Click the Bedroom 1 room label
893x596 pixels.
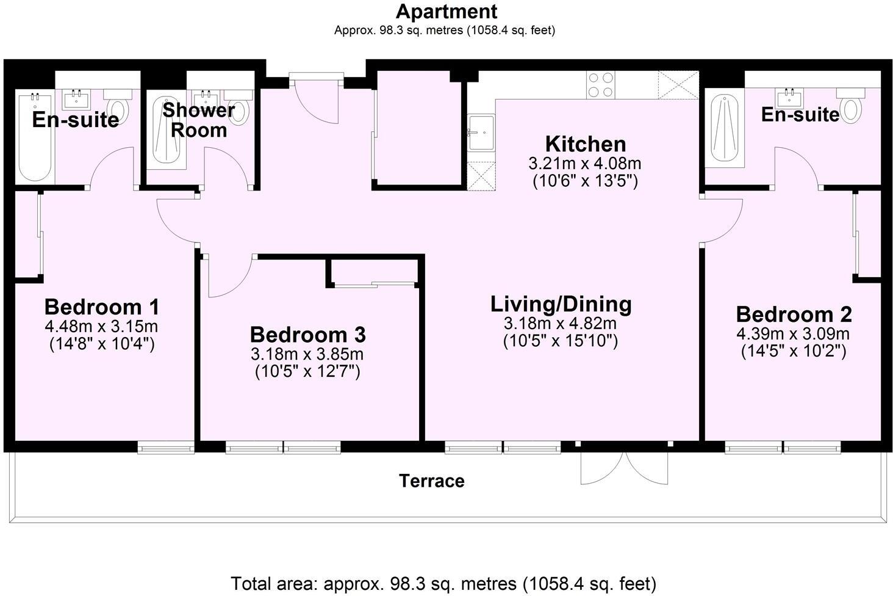tap(102, 306)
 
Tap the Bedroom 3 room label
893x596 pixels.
tap(307, 335)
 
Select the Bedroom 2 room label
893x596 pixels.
tap(794, 314)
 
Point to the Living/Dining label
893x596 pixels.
tap(561, 304)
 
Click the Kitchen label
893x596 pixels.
tap(585, 144)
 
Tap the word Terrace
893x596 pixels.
tap(432, 481)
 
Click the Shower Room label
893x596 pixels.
tap(198, 120)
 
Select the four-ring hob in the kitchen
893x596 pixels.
tap(600, 85)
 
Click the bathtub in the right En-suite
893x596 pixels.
tap(725, 129)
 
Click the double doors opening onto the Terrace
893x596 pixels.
tap(624, 467)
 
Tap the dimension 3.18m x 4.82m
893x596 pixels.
tap(560, 324)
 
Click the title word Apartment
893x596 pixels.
tap(446, 11)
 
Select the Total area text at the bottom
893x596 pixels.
tap(443, 583)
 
